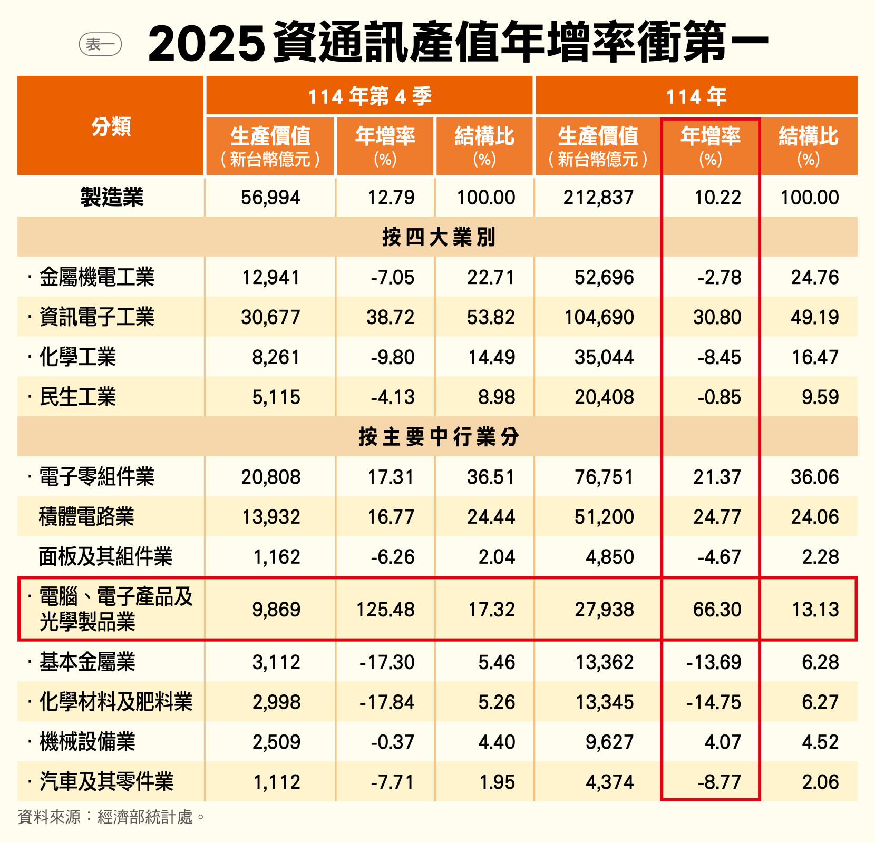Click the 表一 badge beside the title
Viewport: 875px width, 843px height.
click(x=100, y=45)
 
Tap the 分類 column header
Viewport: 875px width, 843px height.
click(x=111, y=126)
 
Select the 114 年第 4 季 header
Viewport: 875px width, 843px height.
click(x=370, y=96)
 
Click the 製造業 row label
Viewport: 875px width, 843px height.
click(x=112, y=198)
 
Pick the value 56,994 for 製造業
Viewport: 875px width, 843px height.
click(x=270, y=198)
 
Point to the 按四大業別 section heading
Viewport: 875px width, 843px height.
click(x=439, y=237)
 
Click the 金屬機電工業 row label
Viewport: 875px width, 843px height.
click(x=97, y=277)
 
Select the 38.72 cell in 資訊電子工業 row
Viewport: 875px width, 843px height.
click(x=390, y=317)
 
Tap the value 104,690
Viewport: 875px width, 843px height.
click(x=599, y=317)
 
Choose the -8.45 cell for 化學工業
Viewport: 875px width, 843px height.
click(x=719, y=357)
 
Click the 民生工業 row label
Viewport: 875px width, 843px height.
click(x=77, y=397)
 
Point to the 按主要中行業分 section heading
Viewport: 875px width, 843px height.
click(x=439, y=437)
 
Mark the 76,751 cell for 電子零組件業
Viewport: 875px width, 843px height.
click(x=604, y=477)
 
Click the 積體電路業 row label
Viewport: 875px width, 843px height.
click(x=86, y=517)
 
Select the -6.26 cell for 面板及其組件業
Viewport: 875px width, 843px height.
click(x=392, y=557)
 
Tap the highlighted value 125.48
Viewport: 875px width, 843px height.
click(x=385, y=610)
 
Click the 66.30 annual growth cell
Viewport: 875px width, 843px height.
click(x=717, y=610)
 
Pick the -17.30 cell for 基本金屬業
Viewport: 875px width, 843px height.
click(x=387, y=662)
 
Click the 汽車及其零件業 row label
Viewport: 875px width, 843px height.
click(x=106, y=782)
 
